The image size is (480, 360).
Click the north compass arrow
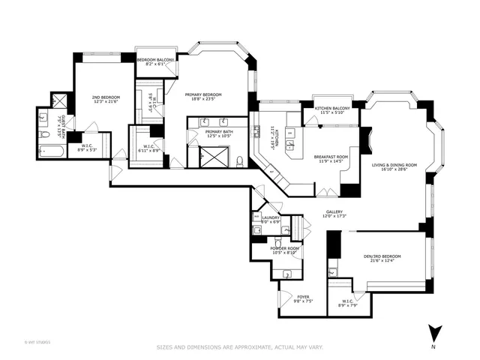433,331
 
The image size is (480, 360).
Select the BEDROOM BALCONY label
155,59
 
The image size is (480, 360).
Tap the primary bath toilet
239,160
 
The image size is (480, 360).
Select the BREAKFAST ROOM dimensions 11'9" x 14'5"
331,161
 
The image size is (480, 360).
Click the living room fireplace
366,140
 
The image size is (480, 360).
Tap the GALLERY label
334,212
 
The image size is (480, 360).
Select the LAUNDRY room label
271,217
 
